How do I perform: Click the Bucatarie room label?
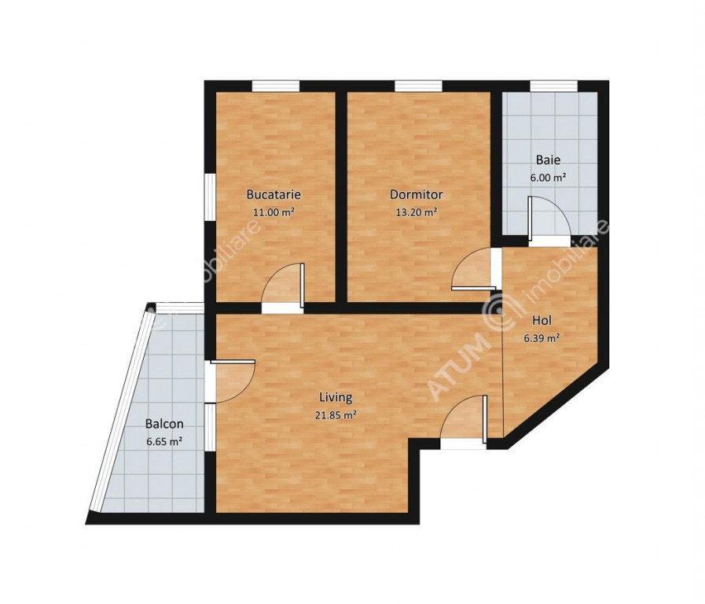(x=274, y=195)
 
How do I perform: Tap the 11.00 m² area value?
(x=274, y=212)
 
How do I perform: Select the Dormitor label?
(x=417, y=195)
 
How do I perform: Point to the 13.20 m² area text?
(x=417, y=212)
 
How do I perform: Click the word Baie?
(x=548, y=160)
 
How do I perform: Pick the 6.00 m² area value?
(x=548, y=178)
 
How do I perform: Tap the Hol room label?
(x=542, y=321)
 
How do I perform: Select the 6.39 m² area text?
(x=542, y=338)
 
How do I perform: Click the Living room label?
(x=336, y=398)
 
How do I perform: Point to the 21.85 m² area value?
(x=336, y=415)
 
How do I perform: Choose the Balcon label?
(x=164, y=424)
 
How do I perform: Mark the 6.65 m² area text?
(x=164, y=442)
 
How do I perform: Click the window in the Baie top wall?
(x=553, y=87)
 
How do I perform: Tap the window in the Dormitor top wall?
(x=419, y=87)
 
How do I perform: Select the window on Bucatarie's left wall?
(x=211, y=197)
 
